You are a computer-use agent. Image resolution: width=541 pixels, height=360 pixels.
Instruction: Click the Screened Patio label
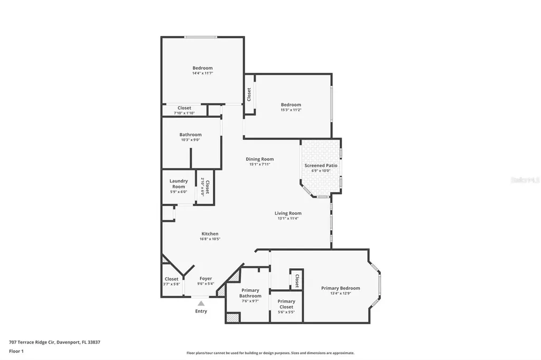(x=321, y=165)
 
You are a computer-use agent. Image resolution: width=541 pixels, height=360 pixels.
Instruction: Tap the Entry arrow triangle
(x=201, y=303)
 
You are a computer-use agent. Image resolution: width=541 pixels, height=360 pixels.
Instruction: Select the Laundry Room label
(x=179, y=184)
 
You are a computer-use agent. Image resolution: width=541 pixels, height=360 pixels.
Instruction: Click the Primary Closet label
(x=286, y=304)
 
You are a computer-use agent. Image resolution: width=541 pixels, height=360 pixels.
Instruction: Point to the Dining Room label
(x=259, y=159)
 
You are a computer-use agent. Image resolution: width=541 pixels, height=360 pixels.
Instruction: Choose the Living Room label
(x=288, y=213)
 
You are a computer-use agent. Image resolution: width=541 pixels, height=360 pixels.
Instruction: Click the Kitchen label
(x=210, y=234)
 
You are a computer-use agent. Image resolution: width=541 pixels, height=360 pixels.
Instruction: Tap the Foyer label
(x=206, y=279)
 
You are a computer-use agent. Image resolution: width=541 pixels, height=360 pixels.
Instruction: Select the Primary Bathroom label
(x=250, y=293)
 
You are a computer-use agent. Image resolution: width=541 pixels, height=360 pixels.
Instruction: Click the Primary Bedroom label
(x=341, y=288)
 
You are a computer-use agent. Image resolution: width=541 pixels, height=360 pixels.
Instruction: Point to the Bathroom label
(x=190, y=135)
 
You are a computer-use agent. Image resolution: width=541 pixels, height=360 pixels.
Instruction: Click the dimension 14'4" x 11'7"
(x=202, y=73)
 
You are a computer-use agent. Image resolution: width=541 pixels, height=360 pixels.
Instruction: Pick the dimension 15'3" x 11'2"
(x=291, y=110)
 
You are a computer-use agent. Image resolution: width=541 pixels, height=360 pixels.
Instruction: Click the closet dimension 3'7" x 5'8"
(x=171, y=284)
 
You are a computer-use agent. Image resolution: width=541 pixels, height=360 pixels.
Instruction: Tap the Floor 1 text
(x=16, y=350)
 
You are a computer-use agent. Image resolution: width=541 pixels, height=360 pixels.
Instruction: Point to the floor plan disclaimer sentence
(x=270, y=353)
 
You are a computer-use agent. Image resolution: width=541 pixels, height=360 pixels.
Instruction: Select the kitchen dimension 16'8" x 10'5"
(x=210, y=239)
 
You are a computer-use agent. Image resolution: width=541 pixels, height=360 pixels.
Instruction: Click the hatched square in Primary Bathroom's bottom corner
(x=232, y=318)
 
